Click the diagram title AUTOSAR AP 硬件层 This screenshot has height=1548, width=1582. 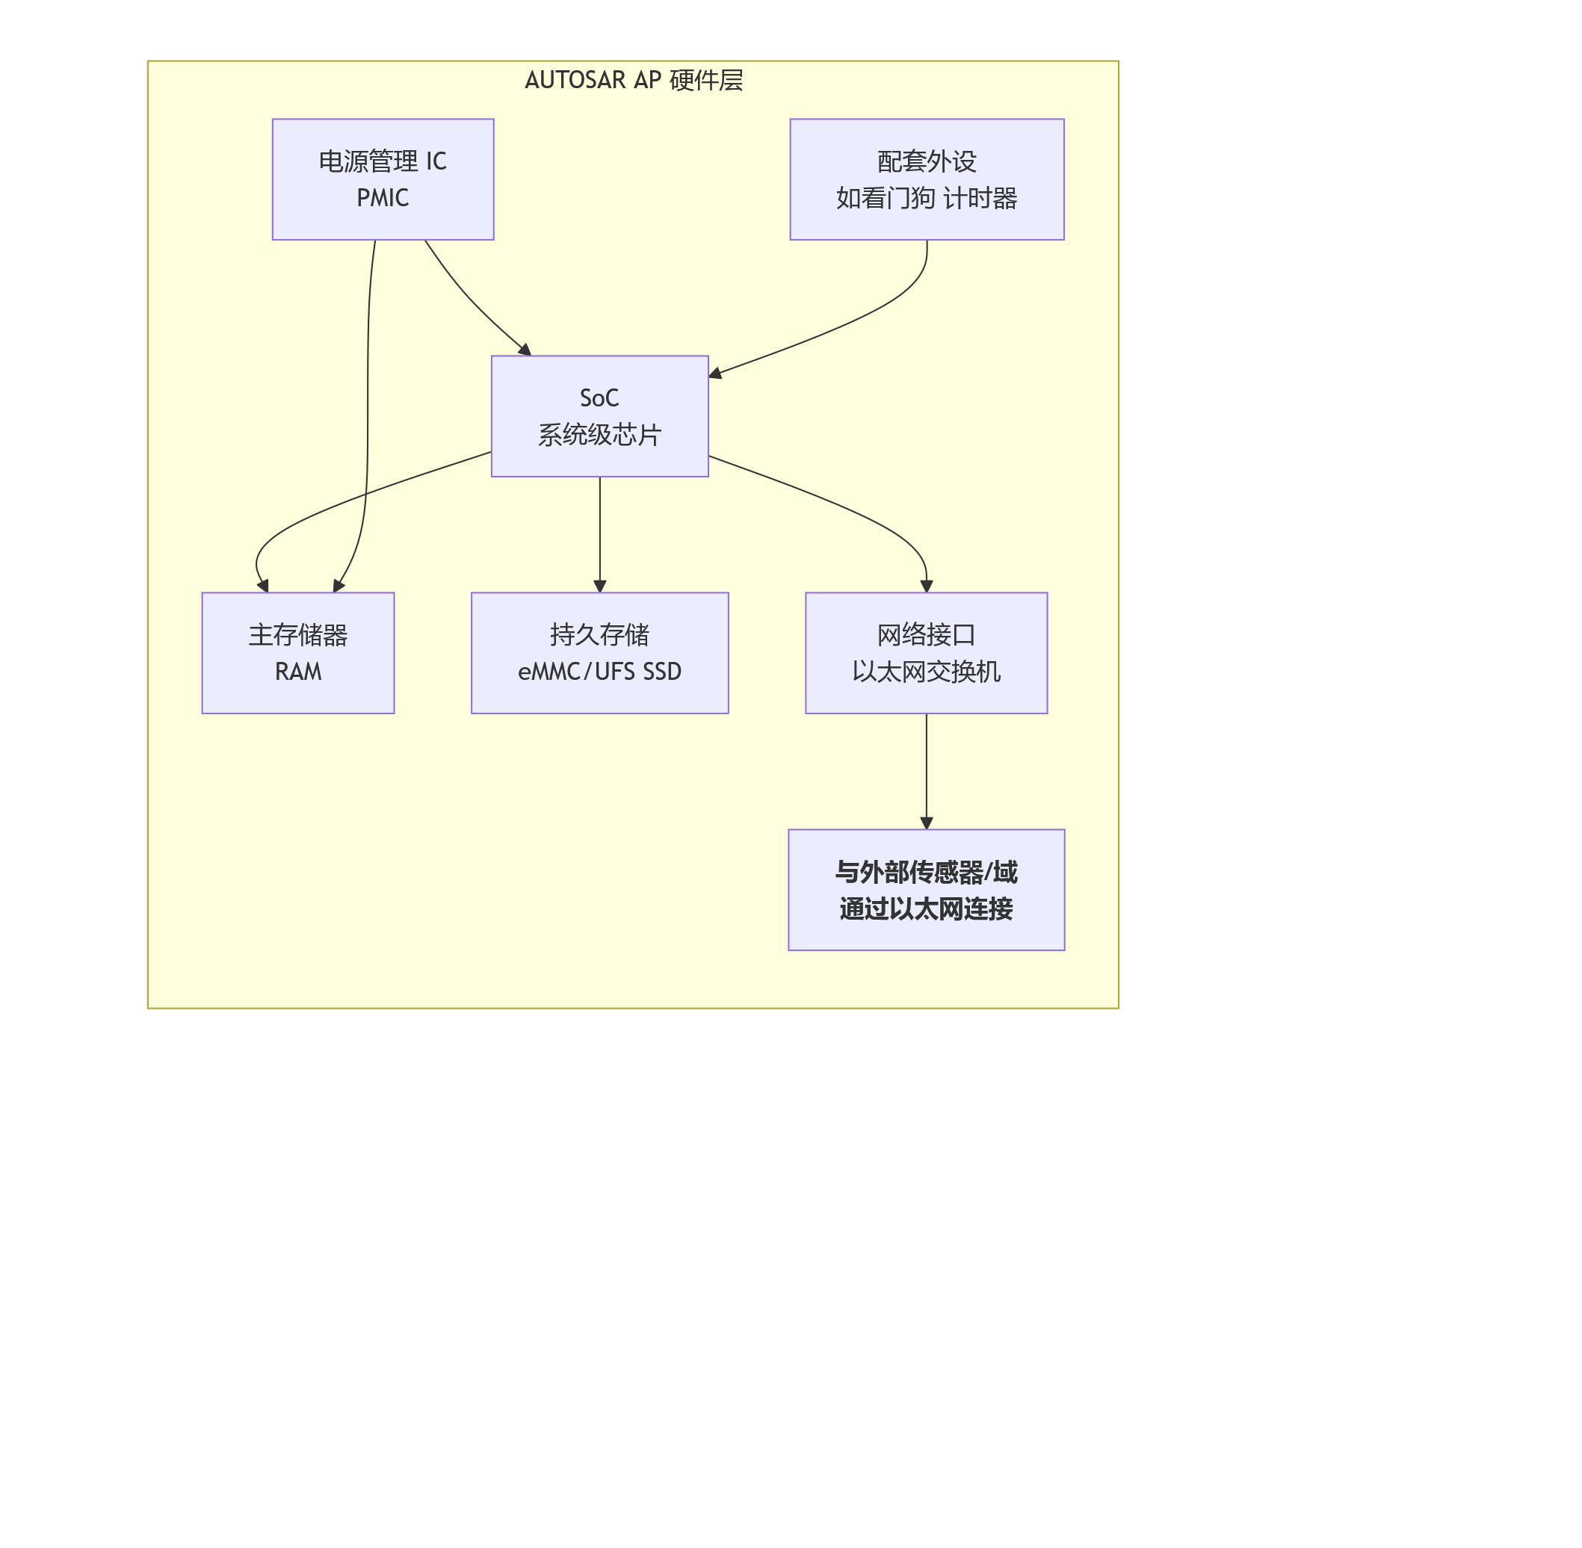coord(634,81)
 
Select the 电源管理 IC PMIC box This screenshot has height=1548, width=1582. coord(383,179)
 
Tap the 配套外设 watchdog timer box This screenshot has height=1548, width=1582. coord(927,179)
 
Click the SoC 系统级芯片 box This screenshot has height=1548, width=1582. coord(599,416)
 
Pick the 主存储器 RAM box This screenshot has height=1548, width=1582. coord(297,653)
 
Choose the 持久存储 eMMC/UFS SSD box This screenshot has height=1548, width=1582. coord(599,653)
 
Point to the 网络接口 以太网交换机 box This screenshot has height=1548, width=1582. coord(926,653)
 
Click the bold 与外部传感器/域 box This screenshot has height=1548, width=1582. coord(926,890)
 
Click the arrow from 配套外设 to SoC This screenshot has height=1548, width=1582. coord(846,325)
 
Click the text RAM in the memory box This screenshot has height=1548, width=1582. coord(297,672)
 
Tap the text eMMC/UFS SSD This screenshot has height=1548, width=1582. coord(599,672)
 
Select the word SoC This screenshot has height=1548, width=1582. coord(599,398)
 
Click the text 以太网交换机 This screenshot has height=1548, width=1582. coord(926,672)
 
